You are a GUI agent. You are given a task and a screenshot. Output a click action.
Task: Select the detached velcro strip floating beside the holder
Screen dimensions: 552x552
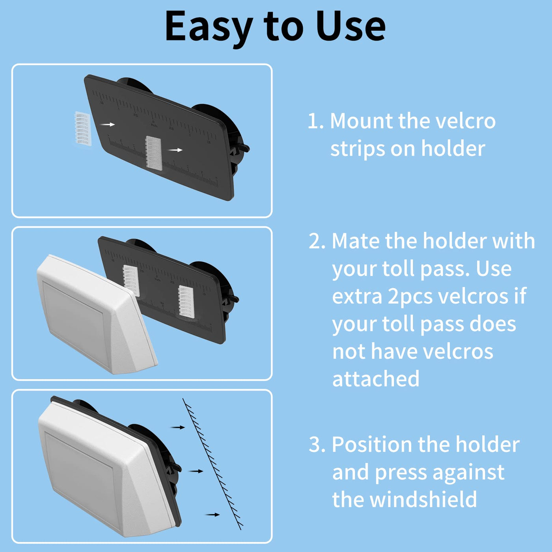tap(82, 129)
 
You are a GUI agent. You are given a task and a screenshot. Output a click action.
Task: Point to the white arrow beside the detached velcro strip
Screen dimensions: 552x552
tap(107, 124)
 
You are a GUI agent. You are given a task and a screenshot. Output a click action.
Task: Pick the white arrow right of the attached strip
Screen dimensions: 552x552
tap(175, 150)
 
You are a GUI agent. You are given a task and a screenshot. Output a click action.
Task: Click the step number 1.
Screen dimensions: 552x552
tap(315, 121)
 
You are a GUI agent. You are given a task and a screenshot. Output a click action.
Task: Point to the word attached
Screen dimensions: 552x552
tap(376, 379)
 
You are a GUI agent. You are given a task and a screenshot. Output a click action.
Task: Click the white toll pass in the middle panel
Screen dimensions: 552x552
tap(97, 314)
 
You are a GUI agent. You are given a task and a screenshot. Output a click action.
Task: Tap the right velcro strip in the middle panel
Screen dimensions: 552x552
tap(186, 302)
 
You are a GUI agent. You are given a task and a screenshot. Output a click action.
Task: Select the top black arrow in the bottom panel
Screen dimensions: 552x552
tap(177, 427)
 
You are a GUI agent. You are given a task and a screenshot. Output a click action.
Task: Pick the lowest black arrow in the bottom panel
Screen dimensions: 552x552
tap(213, 515)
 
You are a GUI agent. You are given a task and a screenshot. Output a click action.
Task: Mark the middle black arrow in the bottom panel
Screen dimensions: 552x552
tap(196, 471)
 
